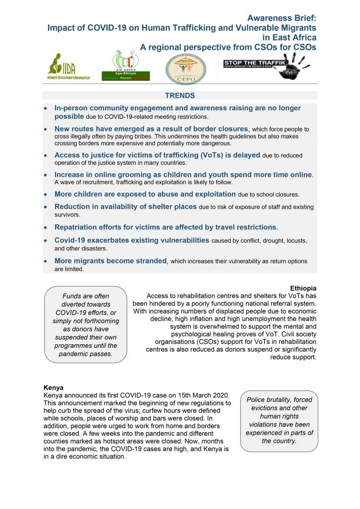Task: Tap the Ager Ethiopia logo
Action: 133,66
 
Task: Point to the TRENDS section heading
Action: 179,95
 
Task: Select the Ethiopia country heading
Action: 303,288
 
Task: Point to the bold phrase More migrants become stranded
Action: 111,261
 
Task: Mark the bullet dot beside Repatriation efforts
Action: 46,227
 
